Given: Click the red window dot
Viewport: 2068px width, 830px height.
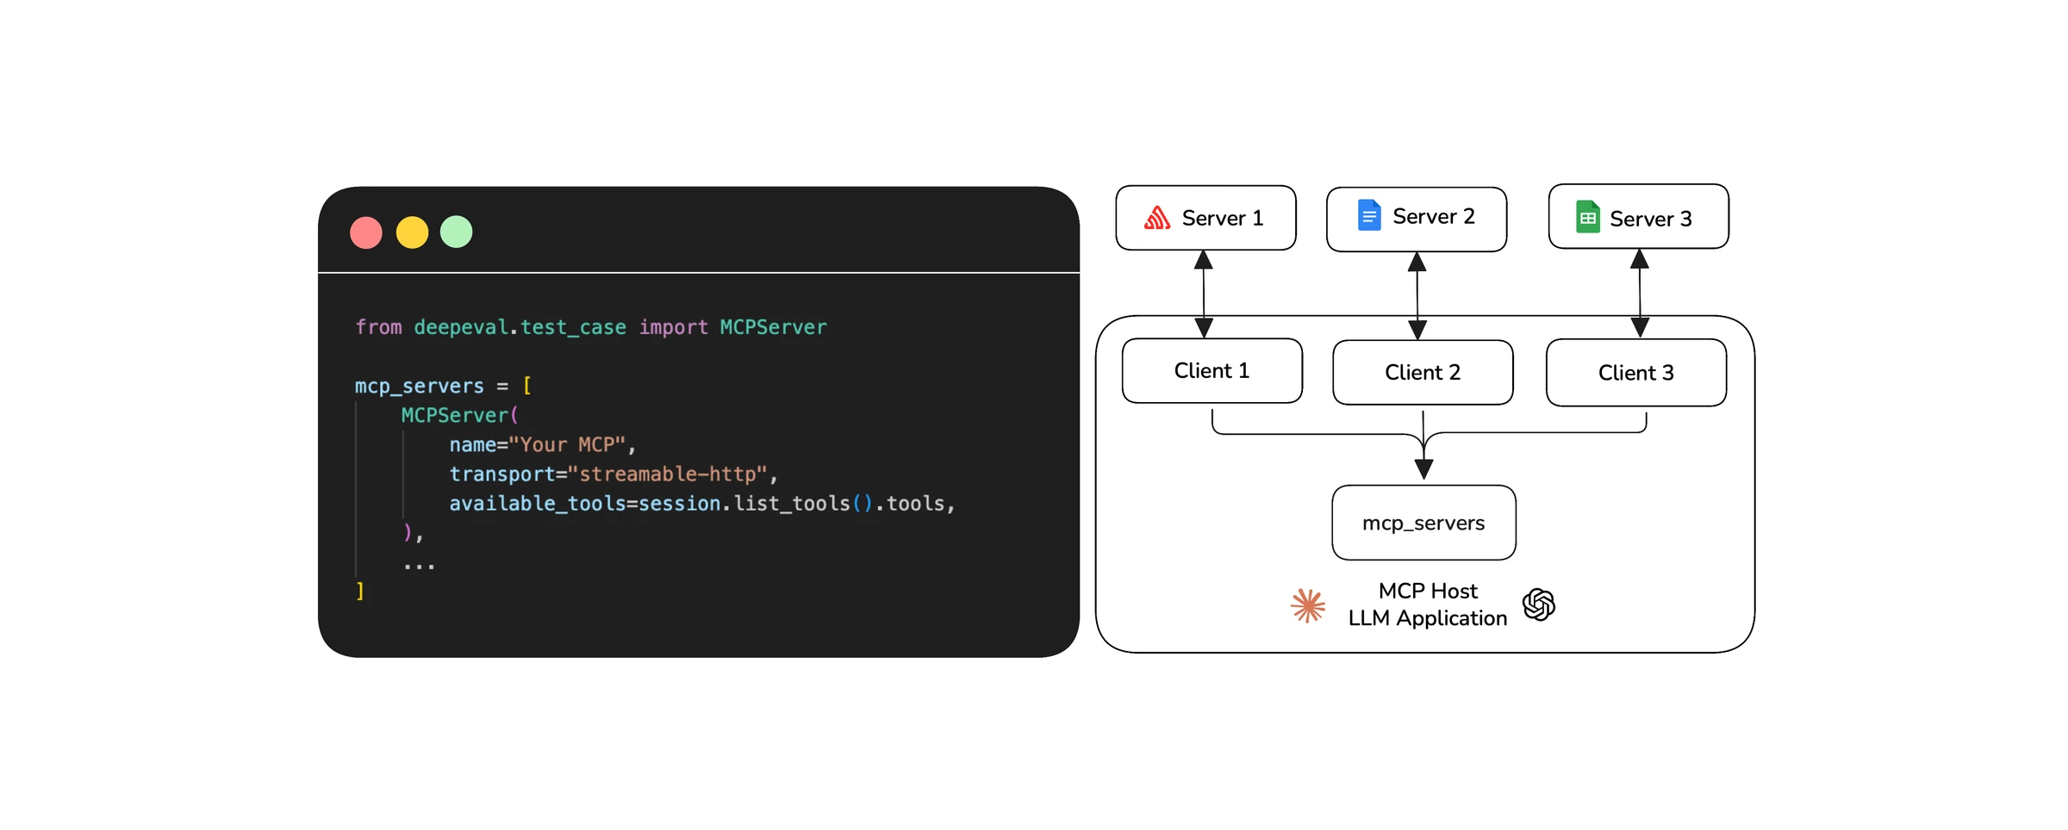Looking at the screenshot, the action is pos(366,232).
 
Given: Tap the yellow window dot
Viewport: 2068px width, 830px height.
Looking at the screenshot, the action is pos(412,232).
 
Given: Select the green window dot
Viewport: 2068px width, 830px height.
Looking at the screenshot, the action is pos(457,232).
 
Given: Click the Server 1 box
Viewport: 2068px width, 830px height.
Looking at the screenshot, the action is pos(1205,218).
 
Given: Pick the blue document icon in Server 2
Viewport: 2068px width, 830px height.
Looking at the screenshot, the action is pos(1369,215).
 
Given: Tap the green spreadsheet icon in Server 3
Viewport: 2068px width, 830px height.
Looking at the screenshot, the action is pos(1587,217).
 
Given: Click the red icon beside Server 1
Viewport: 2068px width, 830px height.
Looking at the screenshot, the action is pos(1157,218).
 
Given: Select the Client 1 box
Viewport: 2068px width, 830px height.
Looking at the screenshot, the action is pos(1212,371).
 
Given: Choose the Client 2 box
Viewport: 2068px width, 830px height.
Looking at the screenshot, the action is pos(1423,373).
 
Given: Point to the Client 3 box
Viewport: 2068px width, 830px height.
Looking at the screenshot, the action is pos(1636,373).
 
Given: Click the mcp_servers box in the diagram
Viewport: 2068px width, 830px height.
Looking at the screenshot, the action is pos(1423,523).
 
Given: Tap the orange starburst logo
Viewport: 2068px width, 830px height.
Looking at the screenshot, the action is pos(1308,606).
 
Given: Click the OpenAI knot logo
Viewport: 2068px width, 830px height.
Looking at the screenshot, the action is pos(1539,604).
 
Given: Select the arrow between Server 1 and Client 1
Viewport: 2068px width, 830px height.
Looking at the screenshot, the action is pos(1204,294).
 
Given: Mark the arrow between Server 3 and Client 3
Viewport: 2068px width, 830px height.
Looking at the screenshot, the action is pos(1640,294).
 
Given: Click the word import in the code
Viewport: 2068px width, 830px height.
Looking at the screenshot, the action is pos(673,328).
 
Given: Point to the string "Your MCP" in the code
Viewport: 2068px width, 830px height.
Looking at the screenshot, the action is pos(567,445).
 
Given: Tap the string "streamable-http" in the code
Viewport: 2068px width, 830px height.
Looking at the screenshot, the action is pos(668,474).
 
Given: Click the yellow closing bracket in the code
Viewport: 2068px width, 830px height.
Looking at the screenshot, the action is pos(360,592).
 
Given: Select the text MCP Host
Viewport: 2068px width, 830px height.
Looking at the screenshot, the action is pos(1428,591).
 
